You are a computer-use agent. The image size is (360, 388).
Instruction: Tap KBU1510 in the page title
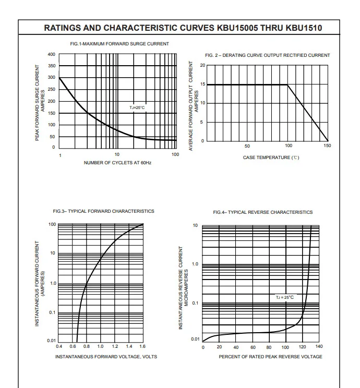[x=304, y=28]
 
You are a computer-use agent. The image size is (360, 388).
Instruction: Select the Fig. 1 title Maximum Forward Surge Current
[x=119, y=44]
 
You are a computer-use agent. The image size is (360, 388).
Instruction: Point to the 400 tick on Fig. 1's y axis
[x=52, y=54]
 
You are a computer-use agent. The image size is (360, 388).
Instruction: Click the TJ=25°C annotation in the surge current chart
[x=137, y=107]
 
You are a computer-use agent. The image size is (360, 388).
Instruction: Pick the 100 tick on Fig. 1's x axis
[x=175, y=154]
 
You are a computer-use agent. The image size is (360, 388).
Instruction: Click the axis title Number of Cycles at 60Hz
[x=117, y=163]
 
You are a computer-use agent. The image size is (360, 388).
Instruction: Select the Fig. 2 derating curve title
[x=268, y=55]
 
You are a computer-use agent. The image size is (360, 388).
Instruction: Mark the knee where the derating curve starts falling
[x=287, y=85]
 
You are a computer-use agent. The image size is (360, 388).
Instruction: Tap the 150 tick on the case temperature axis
[x=327, y=145]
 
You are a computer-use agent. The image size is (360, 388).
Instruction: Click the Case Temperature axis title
[x=271, y=157]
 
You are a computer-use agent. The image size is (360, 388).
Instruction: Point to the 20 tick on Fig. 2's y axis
[x=203, y=65]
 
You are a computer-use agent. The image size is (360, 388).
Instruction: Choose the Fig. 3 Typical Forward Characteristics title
[x=103, y=211]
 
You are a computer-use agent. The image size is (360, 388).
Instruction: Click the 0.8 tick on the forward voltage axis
[x=87, y=346]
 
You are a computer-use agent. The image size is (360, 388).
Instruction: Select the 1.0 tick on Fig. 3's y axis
[x=53, y=283]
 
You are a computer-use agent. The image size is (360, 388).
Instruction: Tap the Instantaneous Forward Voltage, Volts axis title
[x=106, y=357]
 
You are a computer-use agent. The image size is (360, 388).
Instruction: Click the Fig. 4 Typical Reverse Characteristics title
[x=263, y=212]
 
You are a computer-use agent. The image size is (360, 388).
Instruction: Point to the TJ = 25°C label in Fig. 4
[x=285, y=297]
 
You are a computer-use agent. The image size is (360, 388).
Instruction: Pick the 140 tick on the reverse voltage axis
[x=319, y=346]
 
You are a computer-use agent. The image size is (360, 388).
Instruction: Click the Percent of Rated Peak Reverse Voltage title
[x=270, y=357]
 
